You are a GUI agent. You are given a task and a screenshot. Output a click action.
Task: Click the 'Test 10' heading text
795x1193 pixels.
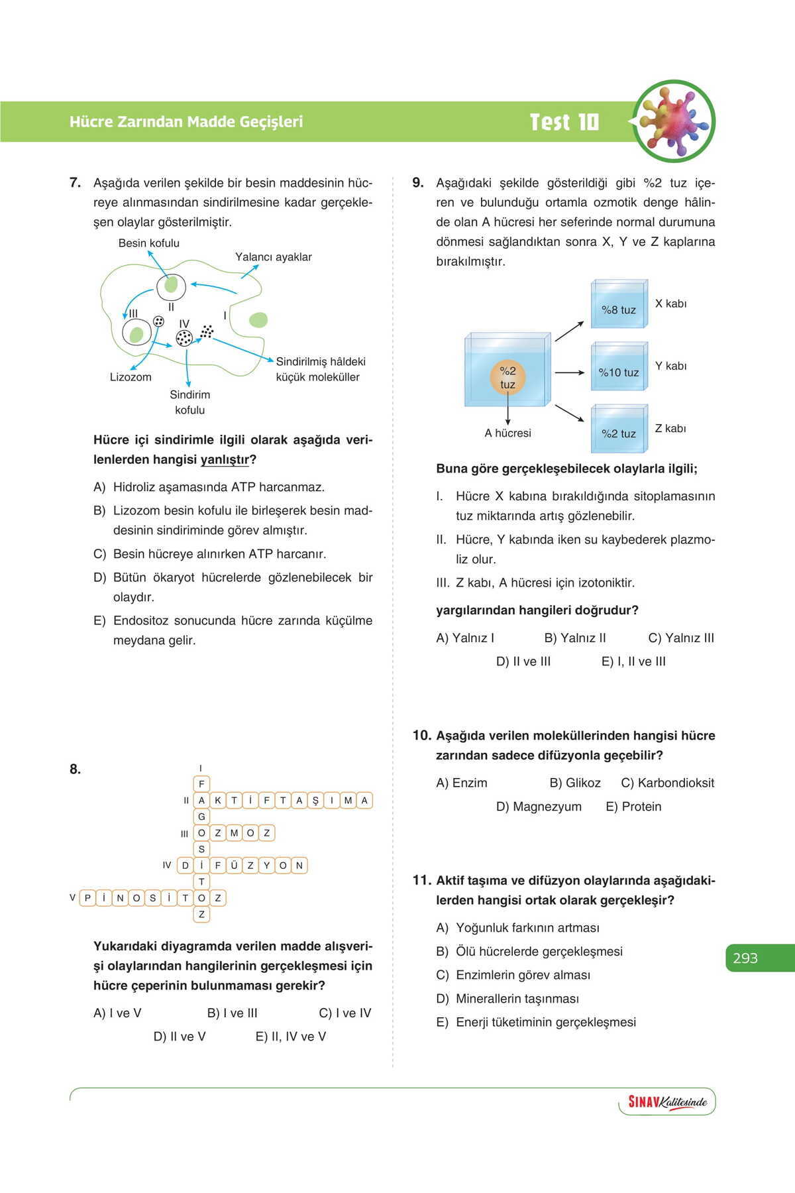(x=564, y=122)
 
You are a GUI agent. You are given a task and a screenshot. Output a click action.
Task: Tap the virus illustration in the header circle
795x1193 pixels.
(x=673, y=121)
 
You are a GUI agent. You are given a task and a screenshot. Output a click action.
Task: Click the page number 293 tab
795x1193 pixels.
(x=746, y=958)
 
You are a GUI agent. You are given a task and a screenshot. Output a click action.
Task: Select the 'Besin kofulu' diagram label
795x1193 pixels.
(x=148, y=243)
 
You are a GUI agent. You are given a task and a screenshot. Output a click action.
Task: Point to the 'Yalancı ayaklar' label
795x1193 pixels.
(x=273, y=257)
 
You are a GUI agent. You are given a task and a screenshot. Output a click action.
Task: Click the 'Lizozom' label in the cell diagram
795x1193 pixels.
(x=131, y=377)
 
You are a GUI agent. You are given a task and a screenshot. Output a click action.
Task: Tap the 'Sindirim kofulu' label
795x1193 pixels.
(x=189, y=402)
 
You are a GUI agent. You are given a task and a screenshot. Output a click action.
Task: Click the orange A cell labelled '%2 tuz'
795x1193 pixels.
(x=507, y=378)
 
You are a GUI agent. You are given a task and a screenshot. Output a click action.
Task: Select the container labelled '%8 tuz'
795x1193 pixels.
(x=618, y=306)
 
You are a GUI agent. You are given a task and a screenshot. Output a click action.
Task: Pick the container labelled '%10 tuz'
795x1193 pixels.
(x=618, y=369)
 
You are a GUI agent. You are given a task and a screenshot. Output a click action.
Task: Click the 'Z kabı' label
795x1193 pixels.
(x=670, y=429)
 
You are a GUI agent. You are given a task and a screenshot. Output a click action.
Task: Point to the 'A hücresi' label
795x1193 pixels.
(x=507, y=433)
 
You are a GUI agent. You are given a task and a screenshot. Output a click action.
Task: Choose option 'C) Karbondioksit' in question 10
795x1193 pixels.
(x=667, y=783)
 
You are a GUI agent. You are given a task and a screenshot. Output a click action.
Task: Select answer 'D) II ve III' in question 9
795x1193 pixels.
(x=523, y=661)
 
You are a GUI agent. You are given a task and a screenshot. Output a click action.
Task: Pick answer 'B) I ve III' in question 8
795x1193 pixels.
(x=232, y=1013)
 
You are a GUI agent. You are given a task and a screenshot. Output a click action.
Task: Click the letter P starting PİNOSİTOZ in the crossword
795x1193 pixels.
(x=87, y=898)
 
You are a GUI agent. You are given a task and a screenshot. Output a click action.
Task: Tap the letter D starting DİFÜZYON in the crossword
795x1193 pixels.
(x=185, y=866)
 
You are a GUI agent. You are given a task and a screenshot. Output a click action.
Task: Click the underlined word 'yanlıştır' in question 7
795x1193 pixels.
(x=225, y=459)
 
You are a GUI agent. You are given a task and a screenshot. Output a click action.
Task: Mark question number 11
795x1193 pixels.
(x=421, y=880)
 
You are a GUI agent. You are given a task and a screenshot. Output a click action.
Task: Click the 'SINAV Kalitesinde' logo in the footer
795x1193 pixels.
(x=667, y=1102)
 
